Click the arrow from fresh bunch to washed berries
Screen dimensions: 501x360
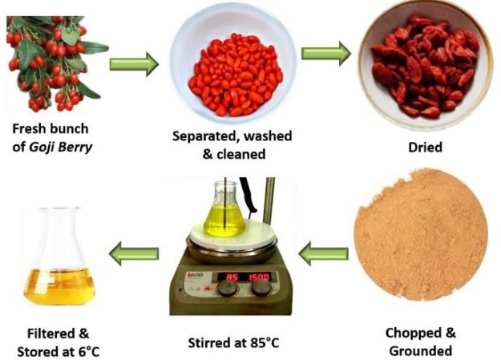pos(134,64)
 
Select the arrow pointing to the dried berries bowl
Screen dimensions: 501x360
pos(326,54)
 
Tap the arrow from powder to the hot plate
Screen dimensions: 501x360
pos(323,253)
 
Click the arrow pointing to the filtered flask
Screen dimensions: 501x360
pos(134,253)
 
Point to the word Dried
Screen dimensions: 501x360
pos(426,148)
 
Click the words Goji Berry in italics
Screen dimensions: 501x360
pos(60,148)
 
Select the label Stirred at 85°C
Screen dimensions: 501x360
pos(233,343)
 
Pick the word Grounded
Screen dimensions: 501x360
pos(421,351)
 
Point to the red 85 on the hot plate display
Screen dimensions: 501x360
pos(232,277)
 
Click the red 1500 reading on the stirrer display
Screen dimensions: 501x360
pos(259,277)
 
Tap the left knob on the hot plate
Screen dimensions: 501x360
pos(228,289)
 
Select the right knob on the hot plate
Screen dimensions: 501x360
pos(261,289)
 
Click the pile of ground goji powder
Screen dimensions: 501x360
pos(421,236)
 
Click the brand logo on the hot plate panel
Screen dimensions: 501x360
pos(193,275)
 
